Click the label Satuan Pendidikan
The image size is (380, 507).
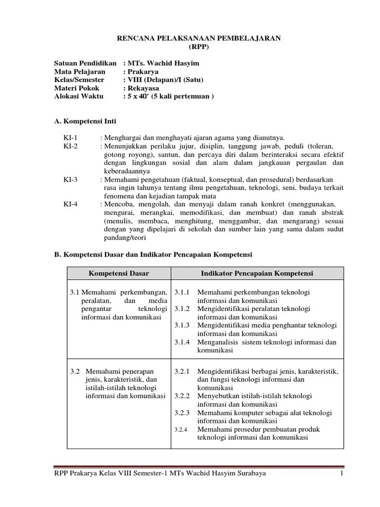[x=85, y=63]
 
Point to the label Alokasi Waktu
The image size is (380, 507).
[x=79, y=97]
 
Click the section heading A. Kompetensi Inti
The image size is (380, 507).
[x=85, y=121]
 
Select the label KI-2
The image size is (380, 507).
[x=70, y=146]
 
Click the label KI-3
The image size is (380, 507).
[x=70, y=180]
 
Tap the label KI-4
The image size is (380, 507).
[x=70, y=204]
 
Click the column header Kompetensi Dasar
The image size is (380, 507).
[x=119, y=273]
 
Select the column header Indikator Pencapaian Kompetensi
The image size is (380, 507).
[x=257, y=273]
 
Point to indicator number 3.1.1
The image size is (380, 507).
[x=182, y=293]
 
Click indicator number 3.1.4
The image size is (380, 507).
[x=182, y=342]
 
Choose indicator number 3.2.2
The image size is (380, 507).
[x=182, y=397]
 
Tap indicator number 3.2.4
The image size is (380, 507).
[x=182, y=430]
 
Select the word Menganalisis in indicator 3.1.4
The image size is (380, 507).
[x=217, y=342]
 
